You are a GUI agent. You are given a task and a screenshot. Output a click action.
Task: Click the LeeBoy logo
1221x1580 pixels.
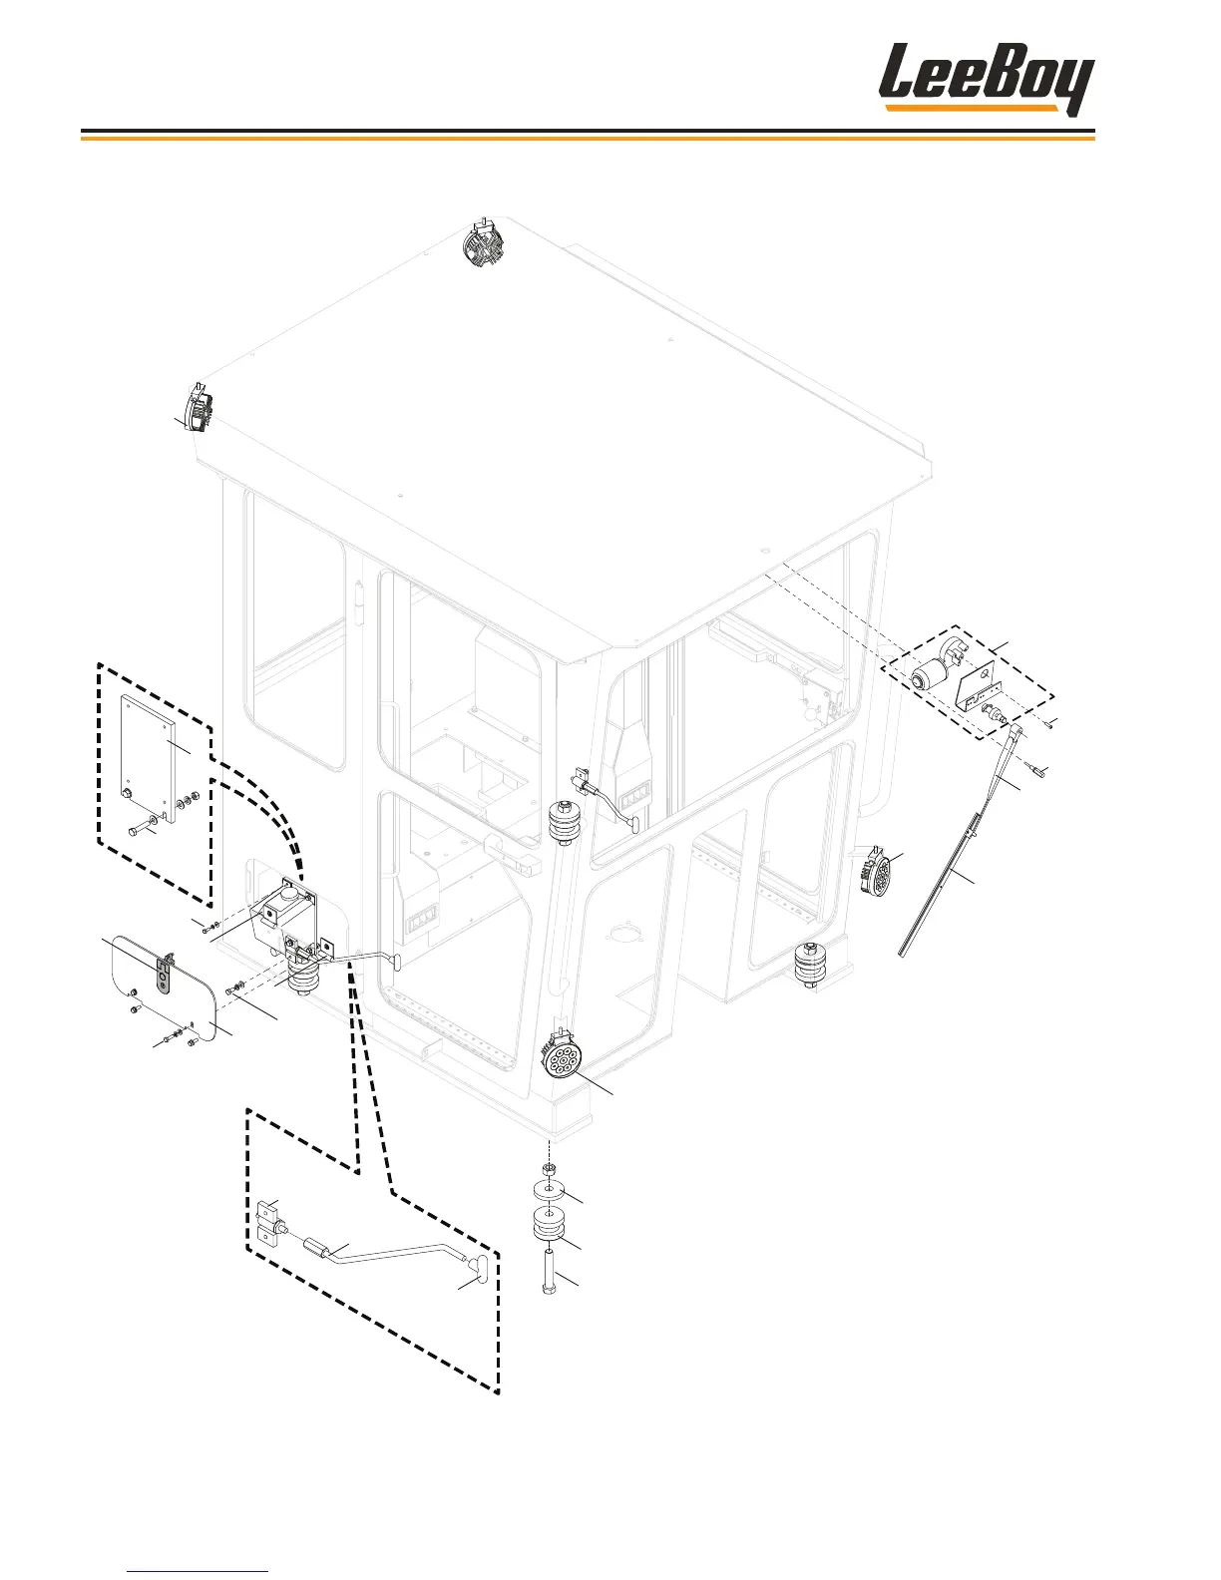(x=986, y=78)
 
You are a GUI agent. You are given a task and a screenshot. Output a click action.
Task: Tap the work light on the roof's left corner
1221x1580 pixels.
(x=202, y=407)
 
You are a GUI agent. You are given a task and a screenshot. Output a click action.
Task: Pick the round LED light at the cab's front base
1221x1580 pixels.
(x=561, y=1055)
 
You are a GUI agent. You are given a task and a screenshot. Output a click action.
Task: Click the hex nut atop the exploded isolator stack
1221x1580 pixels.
(x=548, y=1167)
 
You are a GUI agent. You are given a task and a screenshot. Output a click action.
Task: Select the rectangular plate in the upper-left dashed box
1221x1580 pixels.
(x=148, y=753)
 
